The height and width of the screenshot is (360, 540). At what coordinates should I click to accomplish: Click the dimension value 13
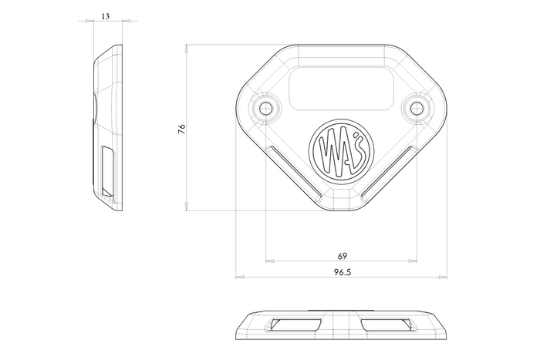tap(106, 16)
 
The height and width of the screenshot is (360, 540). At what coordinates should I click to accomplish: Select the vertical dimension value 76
tap(181, 129)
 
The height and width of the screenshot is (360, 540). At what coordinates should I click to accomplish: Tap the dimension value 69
tap(342, 256)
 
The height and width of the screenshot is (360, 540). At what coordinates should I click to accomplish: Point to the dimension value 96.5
tap(342, 272)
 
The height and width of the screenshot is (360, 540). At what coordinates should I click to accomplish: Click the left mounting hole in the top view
tap(266, 108)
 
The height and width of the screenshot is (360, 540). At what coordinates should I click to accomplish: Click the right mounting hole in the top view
tap(417, 108)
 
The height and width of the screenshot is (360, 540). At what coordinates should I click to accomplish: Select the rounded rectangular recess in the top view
tap(341, 89)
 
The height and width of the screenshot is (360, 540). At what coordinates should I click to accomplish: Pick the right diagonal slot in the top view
tap(389, 173)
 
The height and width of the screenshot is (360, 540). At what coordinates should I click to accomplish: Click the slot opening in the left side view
tap(107, 173)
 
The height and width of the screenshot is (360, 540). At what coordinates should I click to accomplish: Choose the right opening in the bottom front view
tap(386, 325)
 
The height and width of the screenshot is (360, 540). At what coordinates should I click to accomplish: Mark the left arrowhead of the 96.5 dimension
tap(240, 277)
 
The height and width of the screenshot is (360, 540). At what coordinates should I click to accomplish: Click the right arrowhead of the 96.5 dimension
tap(443, 277)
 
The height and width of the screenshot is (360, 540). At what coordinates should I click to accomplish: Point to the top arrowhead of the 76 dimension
tap(187, 49)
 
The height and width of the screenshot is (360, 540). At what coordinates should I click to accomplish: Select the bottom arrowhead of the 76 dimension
tap(187, 206)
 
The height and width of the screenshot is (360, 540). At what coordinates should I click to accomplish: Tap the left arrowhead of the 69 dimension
tap(270, 261)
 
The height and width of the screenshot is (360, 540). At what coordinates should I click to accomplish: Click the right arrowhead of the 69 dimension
tap(413, 261)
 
